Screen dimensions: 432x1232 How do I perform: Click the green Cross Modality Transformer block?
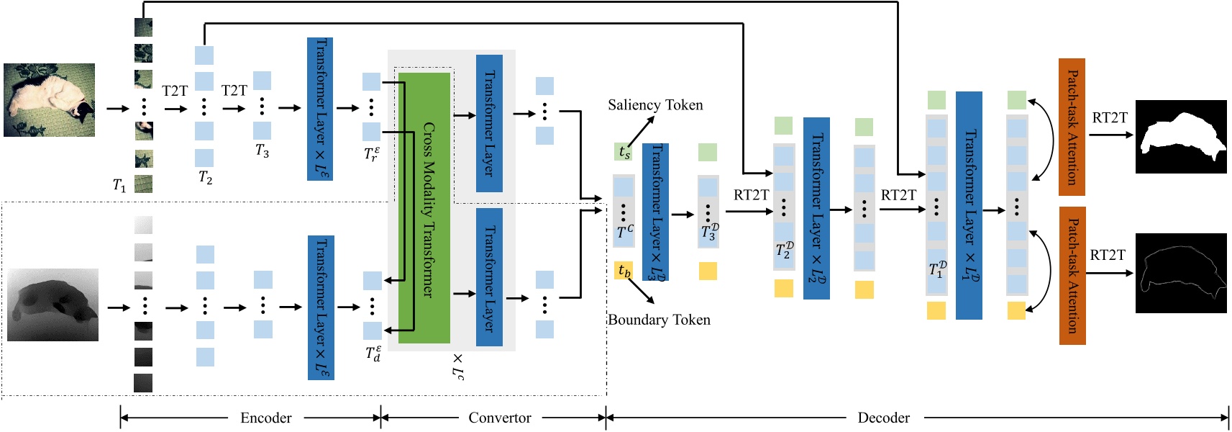424,207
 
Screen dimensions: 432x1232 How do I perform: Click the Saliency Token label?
655,105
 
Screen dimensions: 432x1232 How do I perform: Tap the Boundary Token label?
659,320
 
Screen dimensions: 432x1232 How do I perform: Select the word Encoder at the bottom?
265,418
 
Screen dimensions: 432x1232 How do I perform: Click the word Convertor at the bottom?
499,418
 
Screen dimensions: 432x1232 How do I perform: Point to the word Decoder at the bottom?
883,418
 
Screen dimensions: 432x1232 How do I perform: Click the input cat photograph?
49,100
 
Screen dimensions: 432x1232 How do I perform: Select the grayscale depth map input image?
53,305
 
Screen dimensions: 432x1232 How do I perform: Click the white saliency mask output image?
1180,137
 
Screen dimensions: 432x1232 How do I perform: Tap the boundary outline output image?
1180,273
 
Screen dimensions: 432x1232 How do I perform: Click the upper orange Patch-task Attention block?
1072,127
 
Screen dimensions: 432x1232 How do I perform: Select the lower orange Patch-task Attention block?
1072,276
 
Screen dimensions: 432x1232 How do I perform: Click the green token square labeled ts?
624,152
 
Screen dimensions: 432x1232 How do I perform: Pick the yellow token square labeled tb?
624,271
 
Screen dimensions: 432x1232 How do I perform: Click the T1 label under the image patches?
119,186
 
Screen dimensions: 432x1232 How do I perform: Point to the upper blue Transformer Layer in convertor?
489,123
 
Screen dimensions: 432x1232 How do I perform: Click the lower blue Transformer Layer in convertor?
489,277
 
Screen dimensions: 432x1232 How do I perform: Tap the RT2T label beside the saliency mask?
1110,117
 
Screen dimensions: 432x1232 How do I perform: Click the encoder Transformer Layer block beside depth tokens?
321,307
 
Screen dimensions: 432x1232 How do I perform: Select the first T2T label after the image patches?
175,91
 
